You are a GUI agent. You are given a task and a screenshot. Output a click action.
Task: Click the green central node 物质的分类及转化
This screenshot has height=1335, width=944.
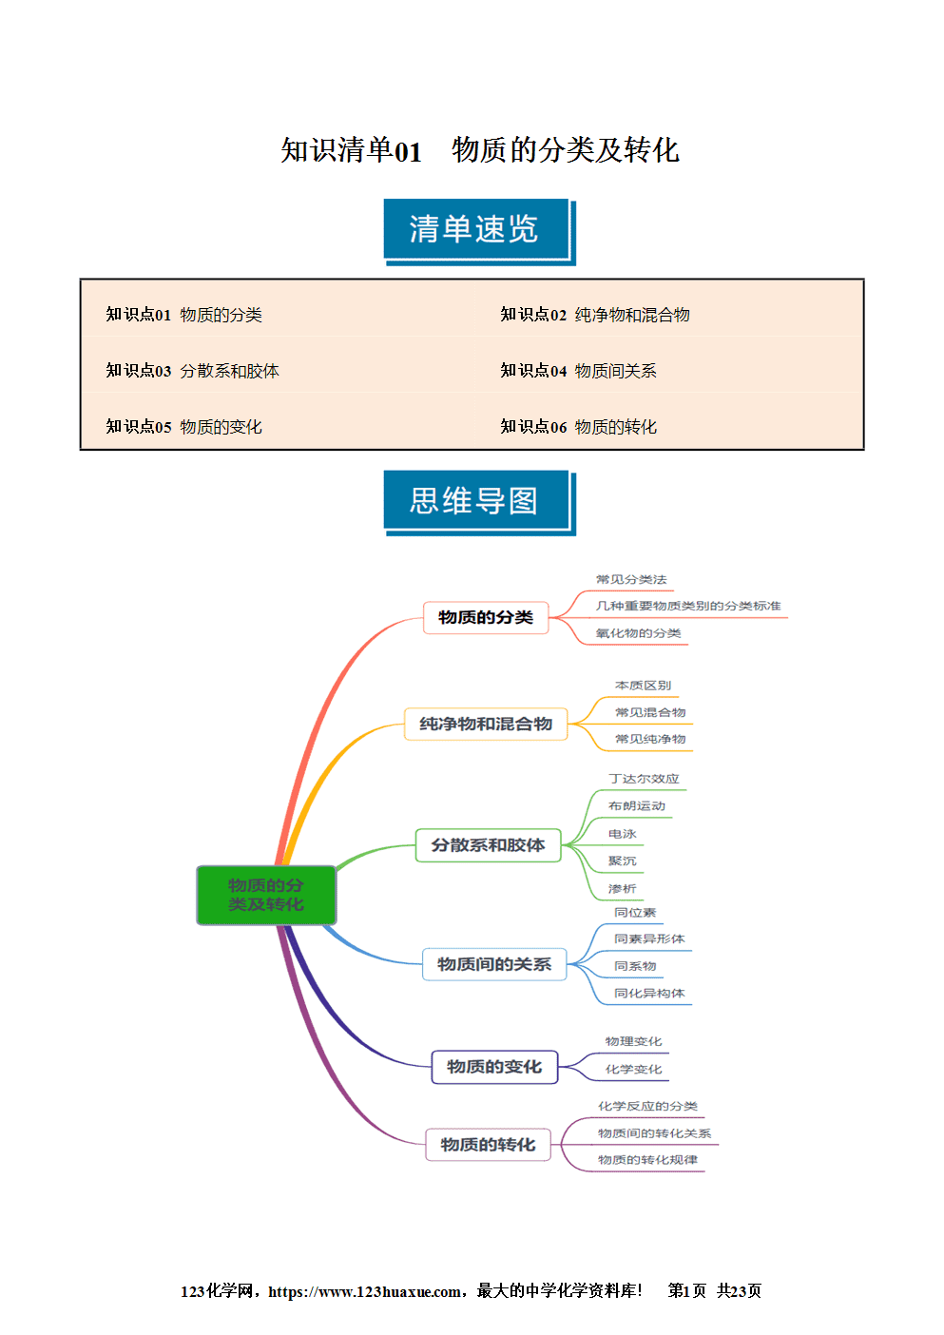point(266,895)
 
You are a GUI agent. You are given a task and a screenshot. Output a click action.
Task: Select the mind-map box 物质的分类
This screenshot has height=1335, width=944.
point(486,617)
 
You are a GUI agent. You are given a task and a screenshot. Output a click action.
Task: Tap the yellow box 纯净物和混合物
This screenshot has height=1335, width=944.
point(486,724)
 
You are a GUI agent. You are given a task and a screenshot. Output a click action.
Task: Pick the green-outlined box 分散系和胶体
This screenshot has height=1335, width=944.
point(488,845)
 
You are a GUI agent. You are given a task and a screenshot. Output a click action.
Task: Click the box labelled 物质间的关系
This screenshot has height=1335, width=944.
point(494,964)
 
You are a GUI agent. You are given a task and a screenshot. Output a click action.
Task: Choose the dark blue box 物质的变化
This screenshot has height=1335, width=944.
point(494,1067)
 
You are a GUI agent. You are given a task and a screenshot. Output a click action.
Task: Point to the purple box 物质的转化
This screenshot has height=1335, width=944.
point(488,1144)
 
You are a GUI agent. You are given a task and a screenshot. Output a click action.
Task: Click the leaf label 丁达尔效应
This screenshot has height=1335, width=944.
point(644,779)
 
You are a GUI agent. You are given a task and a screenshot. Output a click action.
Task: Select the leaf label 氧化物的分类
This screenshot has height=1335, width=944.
point(638,633)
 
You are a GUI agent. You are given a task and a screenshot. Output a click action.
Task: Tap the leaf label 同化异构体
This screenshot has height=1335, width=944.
point(649,993)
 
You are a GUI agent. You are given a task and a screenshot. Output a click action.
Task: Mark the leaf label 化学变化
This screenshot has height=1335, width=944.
point(633,1069)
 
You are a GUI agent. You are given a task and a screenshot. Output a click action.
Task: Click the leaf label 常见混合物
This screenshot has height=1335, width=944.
point(650,712)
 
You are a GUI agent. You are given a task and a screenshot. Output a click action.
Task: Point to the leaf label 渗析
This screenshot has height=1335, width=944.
point(622,889)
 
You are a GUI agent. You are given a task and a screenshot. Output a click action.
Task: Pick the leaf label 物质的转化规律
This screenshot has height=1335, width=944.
point(647,1160)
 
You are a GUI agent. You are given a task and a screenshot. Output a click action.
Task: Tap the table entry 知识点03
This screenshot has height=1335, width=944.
point(139,371)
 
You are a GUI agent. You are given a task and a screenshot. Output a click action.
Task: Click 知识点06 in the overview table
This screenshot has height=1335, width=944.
point(533,427)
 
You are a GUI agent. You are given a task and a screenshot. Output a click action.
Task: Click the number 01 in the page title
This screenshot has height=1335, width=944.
point(408,151)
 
